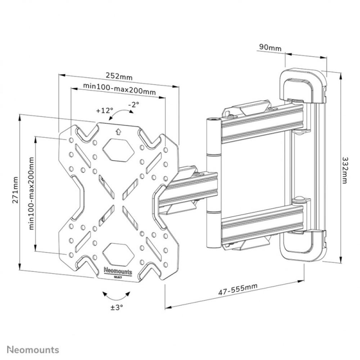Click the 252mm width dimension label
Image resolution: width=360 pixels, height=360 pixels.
(119, 76)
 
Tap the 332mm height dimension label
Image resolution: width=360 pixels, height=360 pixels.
(345, 170)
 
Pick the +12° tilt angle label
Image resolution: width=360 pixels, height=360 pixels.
(105, 111)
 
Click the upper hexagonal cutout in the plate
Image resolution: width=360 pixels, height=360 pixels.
(117, 149)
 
